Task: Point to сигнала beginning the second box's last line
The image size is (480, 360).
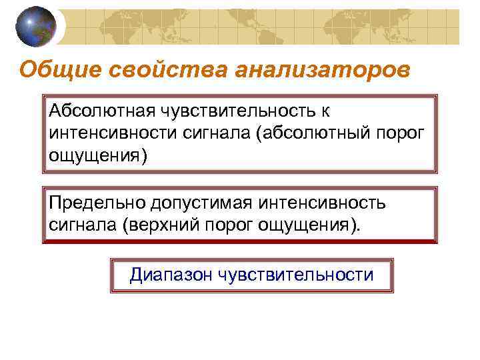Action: pos(81,224)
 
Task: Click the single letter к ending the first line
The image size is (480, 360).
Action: pos(326,111)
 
